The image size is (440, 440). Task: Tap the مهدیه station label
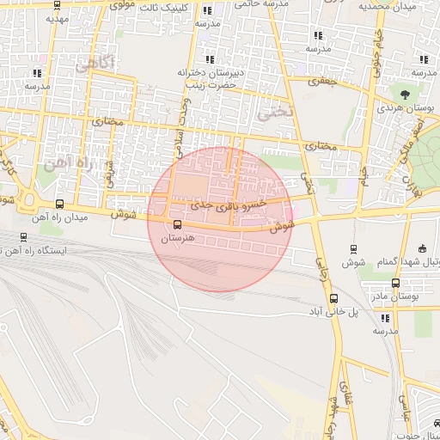click(58, 17)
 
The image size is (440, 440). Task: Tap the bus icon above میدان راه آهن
click(59, 204)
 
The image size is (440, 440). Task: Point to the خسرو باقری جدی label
click(229, 206)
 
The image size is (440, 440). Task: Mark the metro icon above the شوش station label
click(353, 248)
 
